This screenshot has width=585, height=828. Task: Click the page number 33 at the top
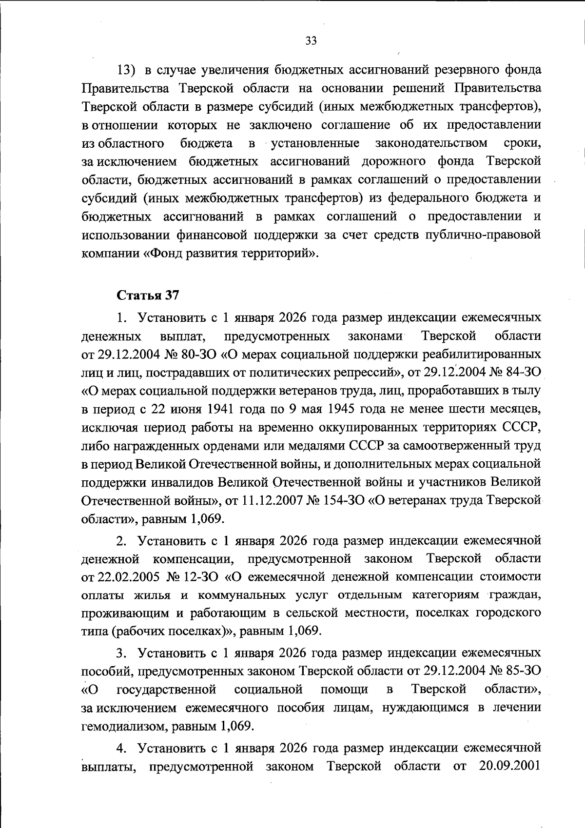tap(311, 40)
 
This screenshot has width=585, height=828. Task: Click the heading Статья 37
tap(148, 295)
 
